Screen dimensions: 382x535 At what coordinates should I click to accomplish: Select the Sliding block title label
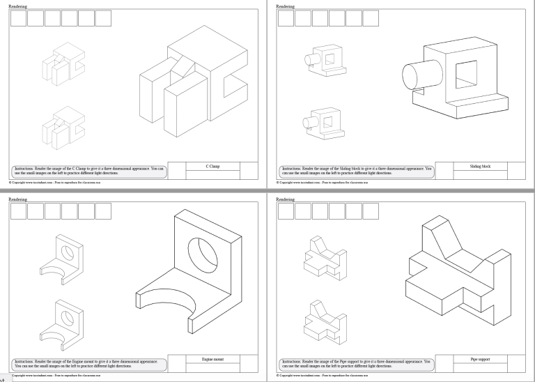(481, 167)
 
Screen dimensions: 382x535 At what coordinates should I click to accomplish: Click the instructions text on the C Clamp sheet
(88, 170)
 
